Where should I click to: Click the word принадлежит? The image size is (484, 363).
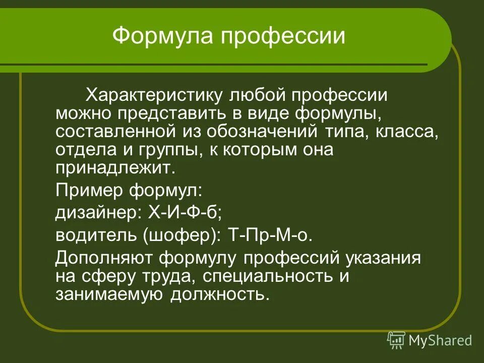[x=115, y=168]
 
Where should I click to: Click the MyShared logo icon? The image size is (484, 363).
[x=396, y=340]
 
